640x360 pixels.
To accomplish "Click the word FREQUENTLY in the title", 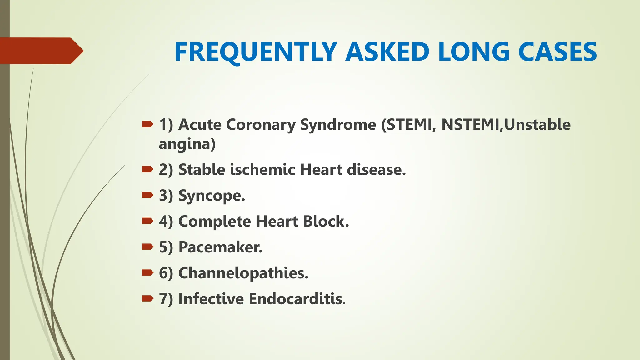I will pyautogui.click(x=256, y=52).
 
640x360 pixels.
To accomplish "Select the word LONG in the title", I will pyautogui.click(x=473, y=52).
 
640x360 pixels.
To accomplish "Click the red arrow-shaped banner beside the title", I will pyautogui.click(x=41, y=51).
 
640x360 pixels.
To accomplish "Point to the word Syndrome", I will pyautogui.click(x=338, y=125).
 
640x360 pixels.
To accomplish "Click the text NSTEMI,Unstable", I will pyautogui.click(x=506, y=125).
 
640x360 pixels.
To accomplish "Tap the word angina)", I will pyautogui.click(x=187, y=144).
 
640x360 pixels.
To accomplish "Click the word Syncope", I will pyautogui.click(x=212, y=196).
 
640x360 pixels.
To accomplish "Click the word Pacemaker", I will pyautogui.click(x=220, y=247).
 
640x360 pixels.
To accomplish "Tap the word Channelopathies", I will pyautogui.click(x=243, y=273).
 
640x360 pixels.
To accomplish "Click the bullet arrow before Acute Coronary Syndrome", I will pyautogui.click(x=147, y=125).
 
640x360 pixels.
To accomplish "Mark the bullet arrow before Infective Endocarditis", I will pyautogui.click(x=147, y=299).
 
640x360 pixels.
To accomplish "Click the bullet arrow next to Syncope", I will pyautogui.click(x=147, y=196).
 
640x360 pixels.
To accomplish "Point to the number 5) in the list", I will pyautogui.click(x=166, y=247).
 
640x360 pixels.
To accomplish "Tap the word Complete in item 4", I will pyautogui.click(x=214, y=222).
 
